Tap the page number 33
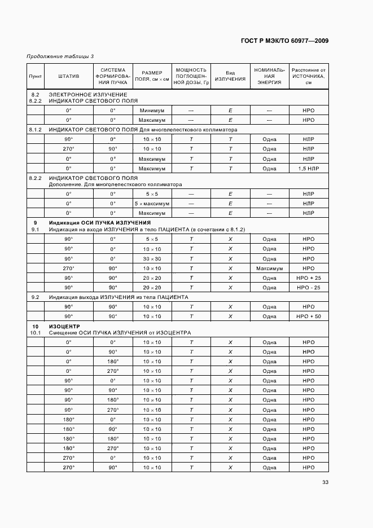(x=325, y=482)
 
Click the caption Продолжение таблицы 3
(x=60, y=56)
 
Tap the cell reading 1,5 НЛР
(x=308, y=168)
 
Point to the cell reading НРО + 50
(x=308, y=316)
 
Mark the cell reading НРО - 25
(x=308, y=288)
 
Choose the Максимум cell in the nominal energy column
(x=269, y=269)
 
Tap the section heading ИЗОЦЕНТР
(x=64, y=327)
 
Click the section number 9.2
(x=35, y=297)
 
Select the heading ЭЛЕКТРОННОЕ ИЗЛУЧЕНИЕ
(x=87, y=94)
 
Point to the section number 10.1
(x=35, y=333)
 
